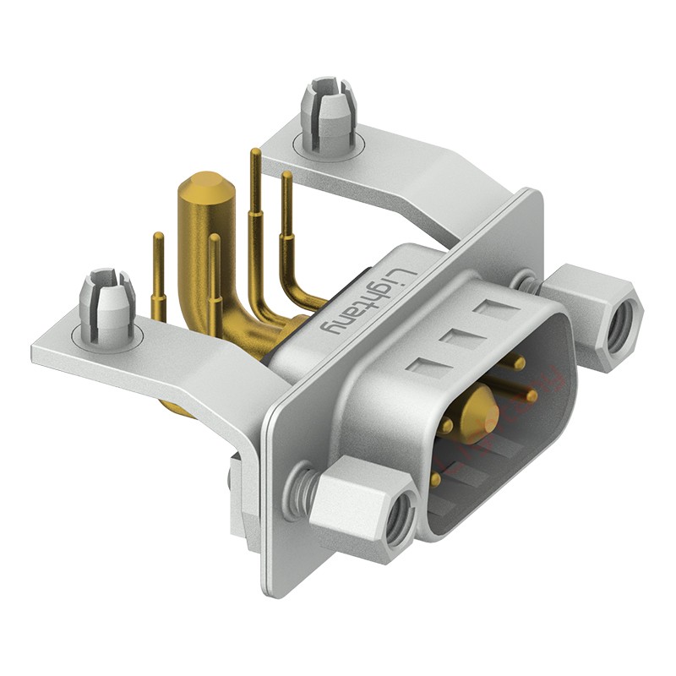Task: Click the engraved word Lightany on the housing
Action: [368, 303]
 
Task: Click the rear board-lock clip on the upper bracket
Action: [328, 112]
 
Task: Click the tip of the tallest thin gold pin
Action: [256, 152]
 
